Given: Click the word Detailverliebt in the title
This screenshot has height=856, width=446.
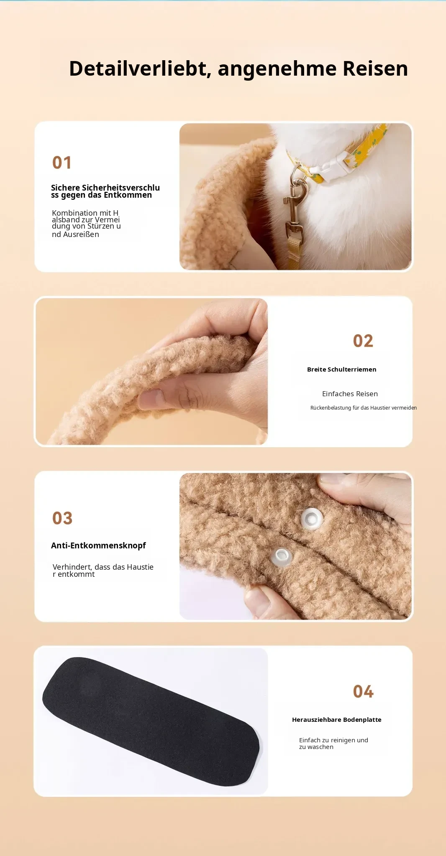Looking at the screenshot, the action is [x=140, y=69].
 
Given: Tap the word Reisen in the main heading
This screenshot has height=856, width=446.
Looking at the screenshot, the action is [x=375, y=69].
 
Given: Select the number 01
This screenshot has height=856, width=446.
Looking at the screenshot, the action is [x=62, y=163].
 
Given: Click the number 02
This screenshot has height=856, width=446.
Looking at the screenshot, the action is [x=363, y=341].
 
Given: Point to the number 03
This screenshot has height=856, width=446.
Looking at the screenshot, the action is [x=62, y=518].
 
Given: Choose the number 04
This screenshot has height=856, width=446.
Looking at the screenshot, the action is [x=363, y=692].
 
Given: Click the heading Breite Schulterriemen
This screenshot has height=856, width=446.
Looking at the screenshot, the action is [x=341, y=369].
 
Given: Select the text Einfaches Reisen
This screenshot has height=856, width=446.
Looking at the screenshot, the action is [x=350, y=394].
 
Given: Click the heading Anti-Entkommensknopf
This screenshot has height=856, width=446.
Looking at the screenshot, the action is [x=98, y=545].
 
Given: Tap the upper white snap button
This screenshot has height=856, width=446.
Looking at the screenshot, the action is [x=312, y=519].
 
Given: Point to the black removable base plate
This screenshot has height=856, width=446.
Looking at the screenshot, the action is [x=151, y=721].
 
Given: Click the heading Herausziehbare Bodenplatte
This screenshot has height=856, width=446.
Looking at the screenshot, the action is [x=336, y=720].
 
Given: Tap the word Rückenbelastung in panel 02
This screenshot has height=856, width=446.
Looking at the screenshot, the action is [x=331, y=408].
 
